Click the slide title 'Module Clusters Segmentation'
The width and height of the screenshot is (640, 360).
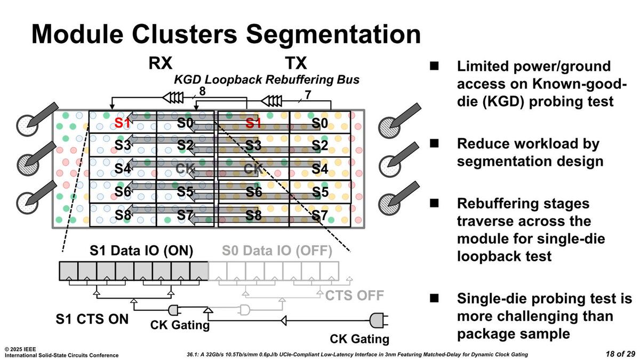coord(226,34)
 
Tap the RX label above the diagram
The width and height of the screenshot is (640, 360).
coord(160,64)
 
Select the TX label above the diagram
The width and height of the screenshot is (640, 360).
coord(295,64)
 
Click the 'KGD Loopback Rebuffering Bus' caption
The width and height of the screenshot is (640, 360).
coord(267,80)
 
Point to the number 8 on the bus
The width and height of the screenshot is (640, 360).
coord(202,91)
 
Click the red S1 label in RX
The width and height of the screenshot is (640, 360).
coord(123,123)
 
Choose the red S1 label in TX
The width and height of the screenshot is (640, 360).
coord(254,123)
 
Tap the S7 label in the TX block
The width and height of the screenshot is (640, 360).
coord(319,215)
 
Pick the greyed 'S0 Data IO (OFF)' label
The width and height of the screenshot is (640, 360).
coord(277,251)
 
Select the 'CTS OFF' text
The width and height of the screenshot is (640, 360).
coord(355,295)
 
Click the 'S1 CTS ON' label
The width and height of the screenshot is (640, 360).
coord(92,319)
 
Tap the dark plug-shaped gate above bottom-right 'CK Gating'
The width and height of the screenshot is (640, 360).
coord(378,320)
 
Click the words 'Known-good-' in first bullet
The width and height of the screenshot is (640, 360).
coord(541,84)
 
